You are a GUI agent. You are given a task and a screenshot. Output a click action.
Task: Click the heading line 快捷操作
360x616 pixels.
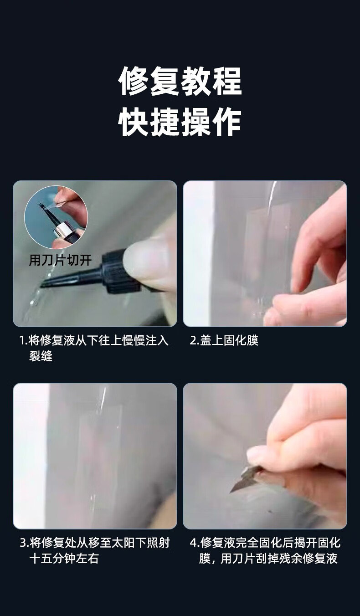tap(180, 122)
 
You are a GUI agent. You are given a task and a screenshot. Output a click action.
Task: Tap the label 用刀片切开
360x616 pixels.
tap(60, 260)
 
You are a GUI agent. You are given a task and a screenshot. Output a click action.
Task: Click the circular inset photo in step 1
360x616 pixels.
tap(56, 217)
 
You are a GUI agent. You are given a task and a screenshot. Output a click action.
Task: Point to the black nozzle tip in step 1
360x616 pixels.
tap(41, 286)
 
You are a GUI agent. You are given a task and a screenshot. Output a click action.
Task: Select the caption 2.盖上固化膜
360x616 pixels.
tap(224, 340)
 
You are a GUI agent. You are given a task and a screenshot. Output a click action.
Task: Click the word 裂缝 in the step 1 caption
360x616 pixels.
tap(41, 356)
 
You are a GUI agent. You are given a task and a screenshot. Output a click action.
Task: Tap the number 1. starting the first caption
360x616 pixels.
tap(24, 341)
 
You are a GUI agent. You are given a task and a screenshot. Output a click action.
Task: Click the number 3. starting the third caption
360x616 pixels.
tap(24, 543)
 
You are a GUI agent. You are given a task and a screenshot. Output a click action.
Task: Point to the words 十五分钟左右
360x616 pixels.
tap(64, 559)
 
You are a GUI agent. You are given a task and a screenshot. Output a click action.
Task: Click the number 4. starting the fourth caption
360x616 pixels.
tap(194, 543)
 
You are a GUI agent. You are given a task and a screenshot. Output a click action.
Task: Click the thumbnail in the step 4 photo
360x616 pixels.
tap(257, 456)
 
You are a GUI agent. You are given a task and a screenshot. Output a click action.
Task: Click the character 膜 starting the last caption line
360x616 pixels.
tap(205, 559)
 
